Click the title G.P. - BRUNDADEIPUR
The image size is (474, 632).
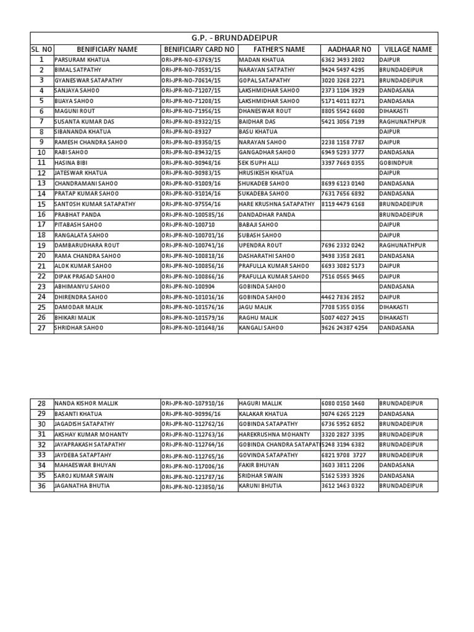234,38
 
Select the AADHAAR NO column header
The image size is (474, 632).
346,49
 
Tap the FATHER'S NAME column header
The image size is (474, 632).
279,49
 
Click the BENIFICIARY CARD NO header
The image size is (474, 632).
199,49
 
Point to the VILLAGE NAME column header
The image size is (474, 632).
408,49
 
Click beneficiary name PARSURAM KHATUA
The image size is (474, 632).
83,60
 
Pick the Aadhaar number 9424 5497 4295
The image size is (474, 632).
343,70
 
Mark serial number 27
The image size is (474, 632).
42,328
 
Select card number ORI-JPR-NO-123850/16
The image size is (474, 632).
192,486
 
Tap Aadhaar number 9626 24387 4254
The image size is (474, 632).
344,328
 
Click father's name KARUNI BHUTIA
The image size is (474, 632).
260,486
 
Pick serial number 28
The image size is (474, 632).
42,403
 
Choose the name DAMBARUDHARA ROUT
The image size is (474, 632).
87,246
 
